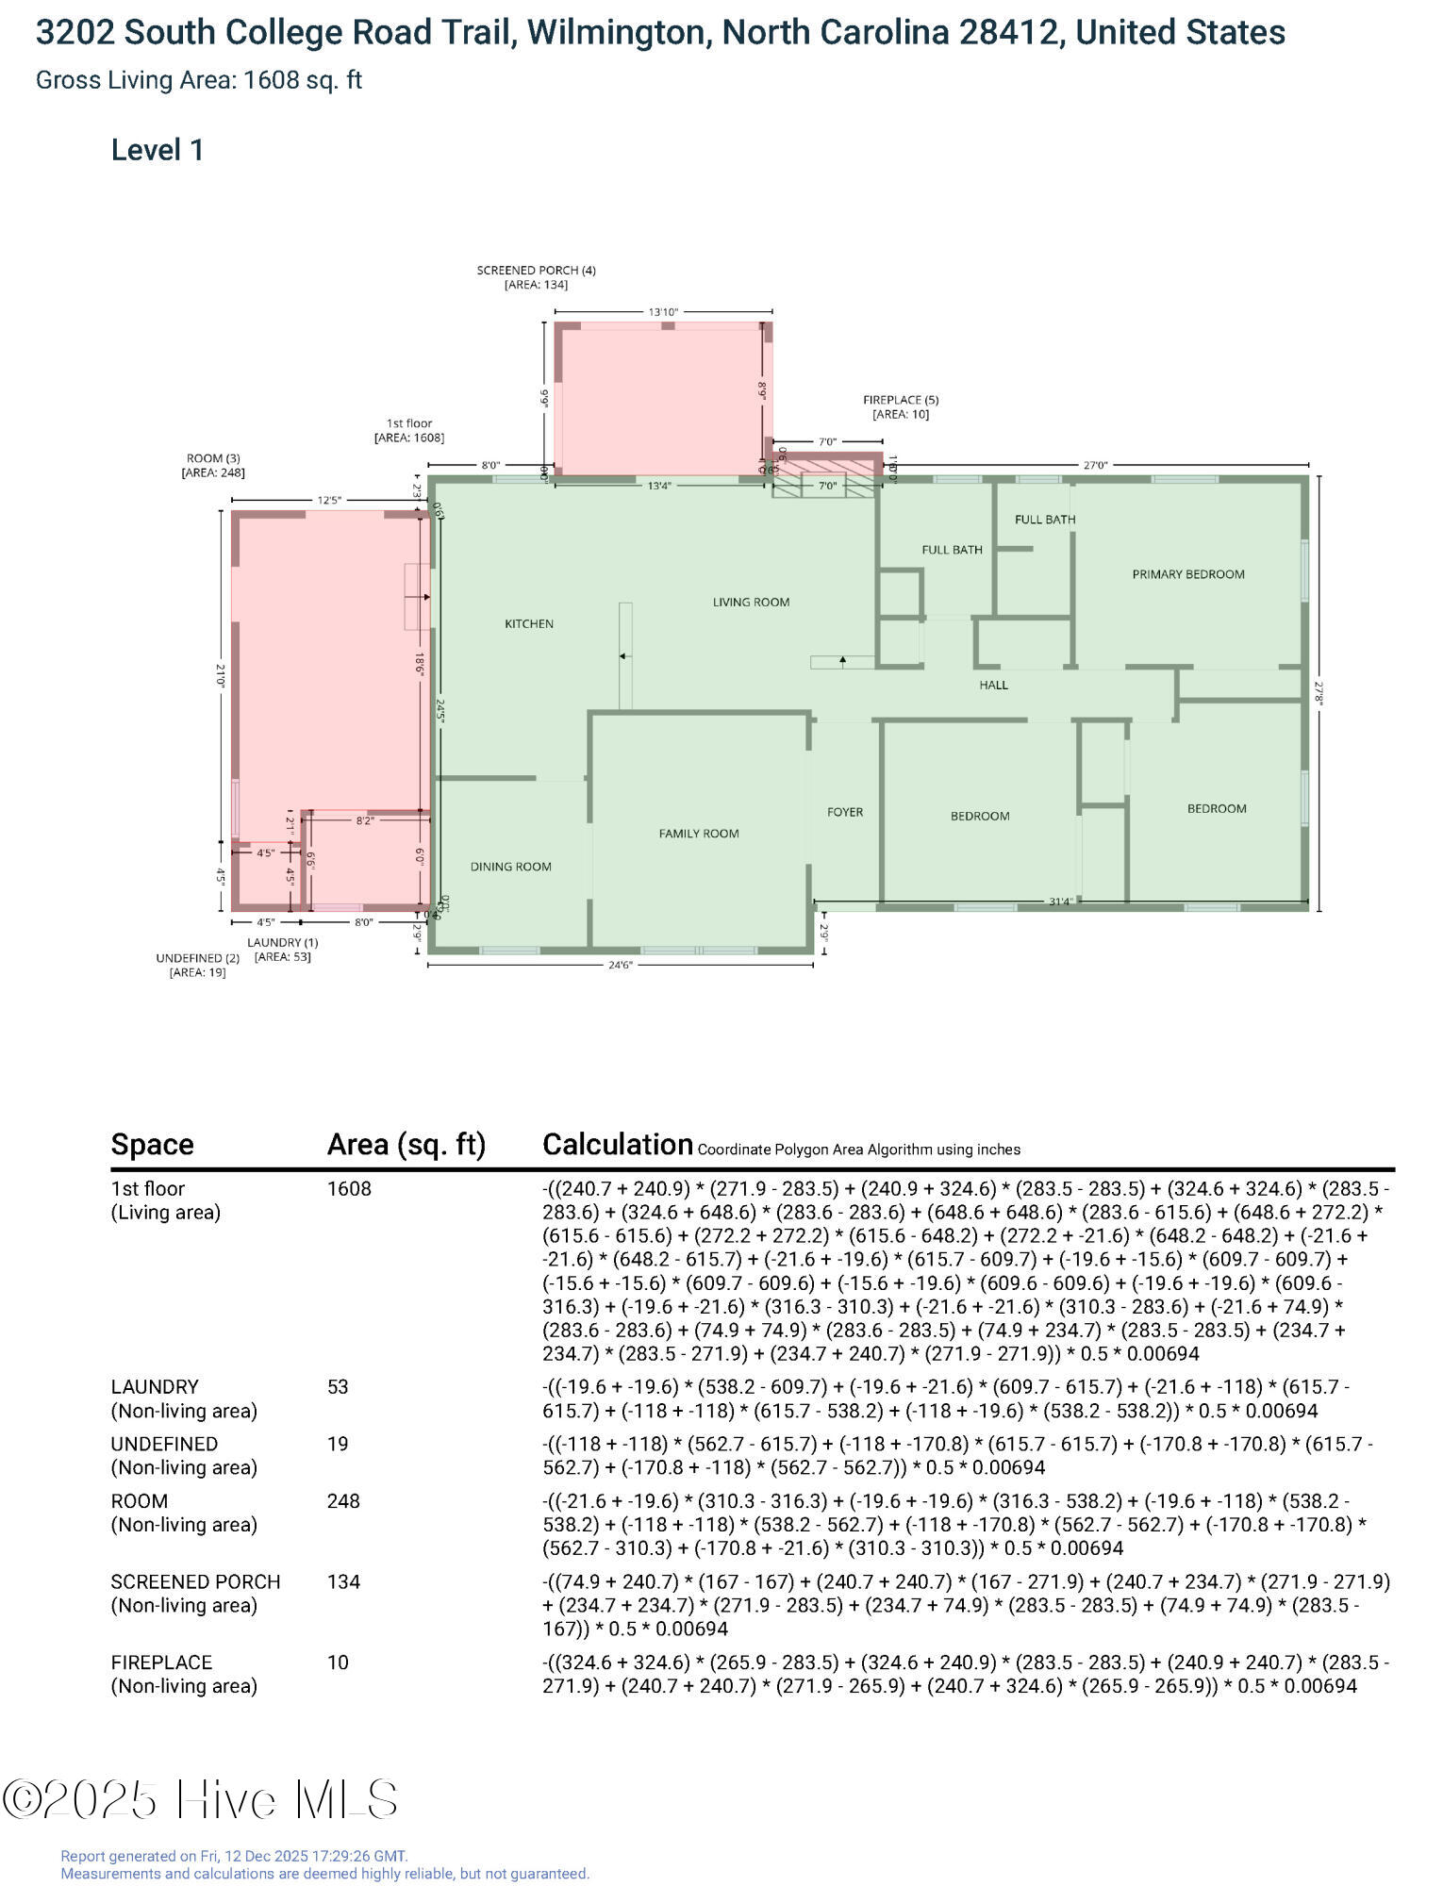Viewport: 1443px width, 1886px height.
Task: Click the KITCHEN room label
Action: pyautogui.click(x=529, y=623)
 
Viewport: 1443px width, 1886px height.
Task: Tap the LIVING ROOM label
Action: pyautogui.click(x=751, y=602)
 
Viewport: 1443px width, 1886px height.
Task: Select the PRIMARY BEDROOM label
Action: pyautogui.click(x=1187, y=573)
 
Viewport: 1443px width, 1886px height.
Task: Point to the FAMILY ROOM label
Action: pyautogui.click(x=698, y=834)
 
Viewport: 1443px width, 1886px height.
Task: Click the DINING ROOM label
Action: pyautogui.click(x=510, y=867)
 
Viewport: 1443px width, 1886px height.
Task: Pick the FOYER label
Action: pyautogui.click(x=844, y=812)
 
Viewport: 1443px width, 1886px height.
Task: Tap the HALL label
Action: pyautogui.click(x=993, y=685)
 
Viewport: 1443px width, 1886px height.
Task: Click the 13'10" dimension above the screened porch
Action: pyautogui.click(x=663, y=312)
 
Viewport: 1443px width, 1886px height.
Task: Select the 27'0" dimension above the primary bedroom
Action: pyautogui.click(x=1095, y=465)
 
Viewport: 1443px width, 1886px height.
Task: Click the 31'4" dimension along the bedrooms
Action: pyautogui.click(x=1061, y=902)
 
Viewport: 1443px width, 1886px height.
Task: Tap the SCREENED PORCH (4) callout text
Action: pyautogui.click(x=536, y=271)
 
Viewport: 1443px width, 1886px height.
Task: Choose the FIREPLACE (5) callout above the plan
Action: pyautogui.click(x=901, y=401)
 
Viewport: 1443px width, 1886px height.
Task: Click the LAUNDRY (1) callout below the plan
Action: pyautogui.click(x=282, y=942)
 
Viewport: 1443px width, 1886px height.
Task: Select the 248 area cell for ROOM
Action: pyautogui.click(x=343, y=1500)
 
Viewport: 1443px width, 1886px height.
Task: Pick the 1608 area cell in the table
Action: pyautogui.click(x=349, y=1188)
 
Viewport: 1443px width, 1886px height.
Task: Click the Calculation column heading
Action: pyautogui.click(x=618, y=1144)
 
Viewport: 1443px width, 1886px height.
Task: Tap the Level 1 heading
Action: pyautogui.click(x=158, y=150)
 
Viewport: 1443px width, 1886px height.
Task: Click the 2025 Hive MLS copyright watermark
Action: pyautogui.click(x=200, y=1799)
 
